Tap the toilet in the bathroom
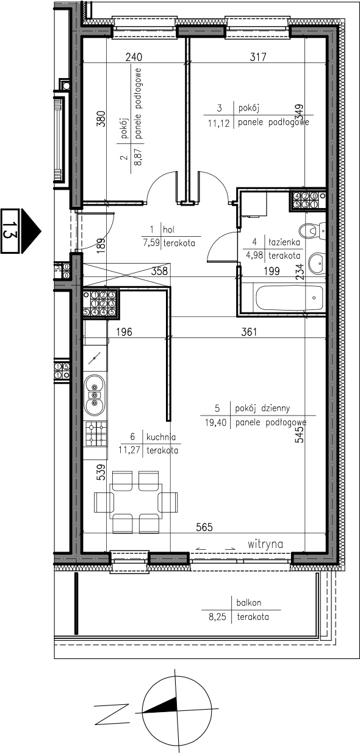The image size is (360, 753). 312,230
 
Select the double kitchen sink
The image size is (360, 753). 95,395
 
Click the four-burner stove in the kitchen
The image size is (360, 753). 96,434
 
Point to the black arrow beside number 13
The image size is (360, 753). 31,231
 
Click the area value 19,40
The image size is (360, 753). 215,422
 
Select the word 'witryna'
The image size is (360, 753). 265,544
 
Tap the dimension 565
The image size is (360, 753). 204,527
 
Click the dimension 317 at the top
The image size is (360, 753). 258,57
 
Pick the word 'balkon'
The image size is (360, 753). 249,602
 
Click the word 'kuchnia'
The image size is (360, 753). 161,437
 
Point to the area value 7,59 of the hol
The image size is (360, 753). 151,243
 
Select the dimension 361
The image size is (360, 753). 249,332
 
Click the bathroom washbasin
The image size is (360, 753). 317,263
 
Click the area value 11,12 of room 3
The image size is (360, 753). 218,123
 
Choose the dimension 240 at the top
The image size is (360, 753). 134,57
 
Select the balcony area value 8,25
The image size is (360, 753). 217,617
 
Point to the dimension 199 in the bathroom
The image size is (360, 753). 272,271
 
